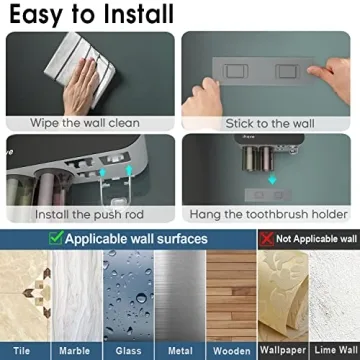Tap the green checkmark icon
(x=56, y=238)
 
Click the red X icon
(x=267, y=239)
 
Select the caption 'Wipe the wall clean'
(x=85, y=123)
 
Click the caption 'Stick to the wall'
(x=270, y=124)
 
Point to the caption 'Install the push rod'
(x=89, y=214)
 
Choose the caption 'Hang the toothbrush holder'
(x=269, y=214)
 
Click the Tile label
(x=22, y=351)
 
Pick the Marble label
(x=74, y=351)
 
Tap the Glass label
(x=128, y=351)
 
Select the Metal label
(x=180, y=351)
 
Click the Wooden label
(x=232, y=351)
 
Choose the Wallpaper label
(x=283, y=350)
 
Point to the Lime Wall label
(x=336, y=350)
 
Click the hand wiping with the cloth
(x=81, y=87)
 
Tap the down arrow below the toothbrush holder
(x=272, y=179)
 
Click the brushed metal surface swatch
(x=180, y=296)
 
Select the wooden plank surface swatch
(x=232, y=296)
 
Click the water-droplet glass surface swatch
(x=128, y=296)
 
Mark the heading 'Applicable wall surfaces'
(x=136, y=239)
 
